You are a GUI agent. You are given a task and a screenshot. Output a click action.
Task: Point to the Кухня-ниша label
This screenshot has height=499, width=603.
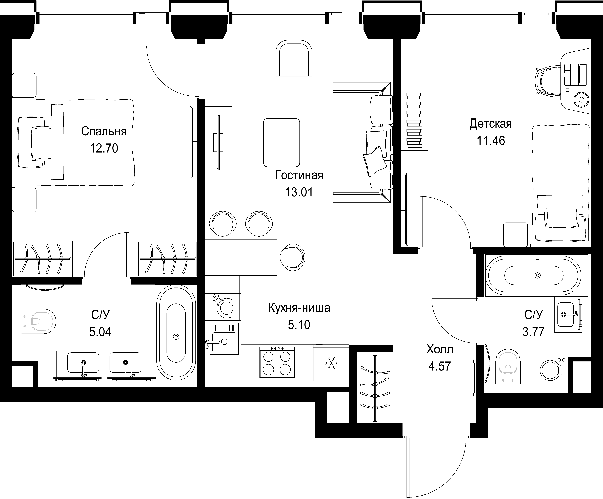pos(299,308)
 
